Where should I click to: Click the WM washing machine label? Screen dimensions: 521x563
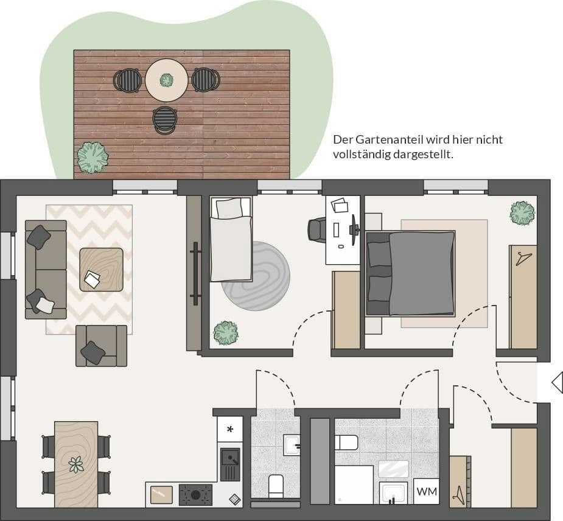pyautogui.click(x=426, y=491)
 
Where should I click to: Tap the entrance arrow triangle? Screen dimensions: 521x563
pyautogui.click(x=557, y=383)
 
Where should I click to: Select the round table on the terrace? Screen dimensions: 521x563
pyautogui.click(x=167, y=80)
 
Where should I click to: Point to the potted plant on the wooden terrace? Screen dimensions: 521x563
pyautogui.click(x=93, y=158)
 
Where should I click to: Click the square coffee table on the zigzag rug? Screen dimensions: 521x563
pyautogui.click(x=101, y=269)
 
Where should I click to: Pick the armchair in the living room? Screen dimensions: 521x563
pyautogui.click(x=100, y=346)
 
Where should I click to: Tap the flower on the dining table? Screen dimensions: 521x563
pyautogui.click(x=76, y=465)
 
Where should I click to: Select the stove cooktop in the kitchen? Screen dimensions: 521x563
pyautogui.click(x=195, y=494)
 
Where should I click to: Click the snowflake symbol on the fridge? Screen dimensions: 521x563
pyautogui.click(x=230, y=429)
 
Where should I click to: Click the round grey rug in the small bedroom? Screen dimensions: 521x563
pyautogui.click(x=256, y=276)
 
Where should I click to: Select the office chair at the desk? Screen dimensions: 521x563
pyautogui.click(x=317, y=229)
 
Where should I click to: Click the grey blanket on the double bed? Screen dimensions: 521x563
pyautogui.click(x=421, y=273)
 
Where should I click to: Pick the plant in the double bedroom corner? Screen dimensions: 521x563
pyautogui.click(x=522, y=213)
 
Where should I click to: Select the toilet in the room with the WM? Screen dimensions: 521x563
pyautogui.click(x=346, y=442)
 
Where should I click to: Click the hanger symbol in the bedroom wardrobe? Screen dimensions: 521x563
pyautogui.click(x=522, y=259)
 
